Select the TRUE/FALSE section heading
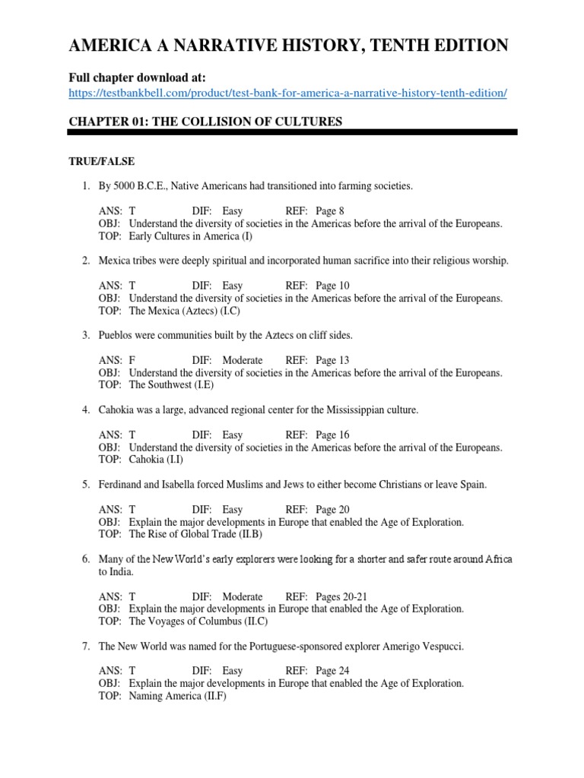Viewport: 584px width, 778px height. tap(102, 161)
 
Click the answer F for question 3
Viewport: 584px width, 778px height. tap(132, 360)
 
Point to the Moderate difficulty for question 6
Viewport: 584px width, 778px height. tap(243, 596)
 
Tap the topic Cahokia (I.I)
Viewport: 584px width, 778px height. tap(156, 459)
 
